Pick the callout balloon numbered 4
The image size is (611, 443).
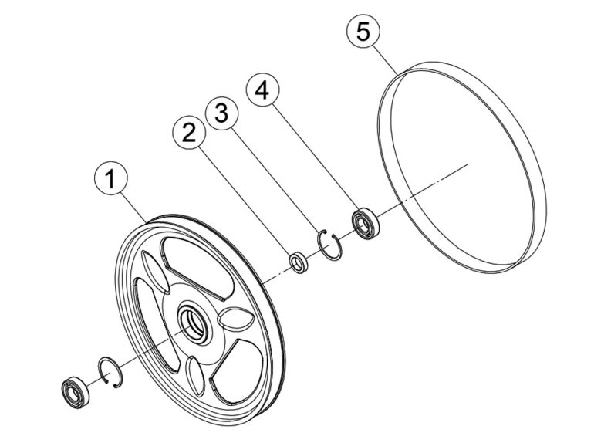click(x=262, y=90)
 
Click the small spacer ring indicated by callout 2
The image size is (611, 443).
click(x=298, y=262)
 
